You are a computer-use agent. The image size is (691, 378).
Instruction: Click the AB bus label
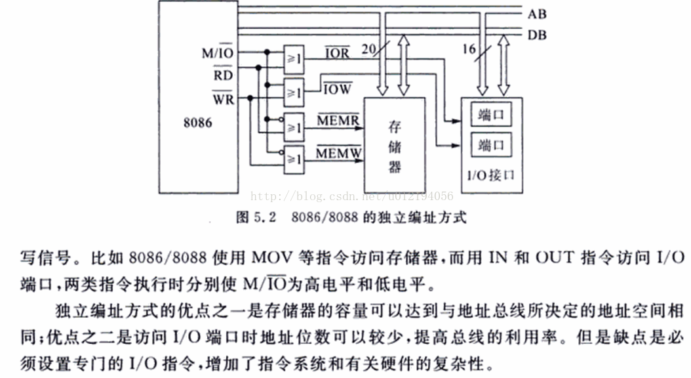536,14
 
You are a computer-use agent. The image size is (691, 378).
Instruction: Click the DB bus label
536,35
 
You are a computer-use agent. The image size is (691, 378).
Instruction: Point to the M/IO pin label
219,52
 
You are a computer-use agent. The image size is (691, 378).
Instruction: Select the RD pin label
222,75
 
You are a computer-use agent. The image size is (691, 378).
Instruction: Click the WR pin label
222,98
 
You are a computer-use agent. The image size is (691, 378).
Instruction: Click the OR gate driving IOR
293,59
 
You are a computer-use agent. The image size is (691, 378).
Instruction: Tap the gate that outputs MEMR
293,127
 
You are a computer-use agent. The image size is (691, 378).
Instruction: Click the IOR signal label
338,52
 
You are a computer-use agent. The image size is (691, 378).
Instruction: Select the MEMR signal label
338,120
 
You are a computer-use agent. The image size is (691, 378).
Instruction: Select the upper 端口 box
491,115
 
